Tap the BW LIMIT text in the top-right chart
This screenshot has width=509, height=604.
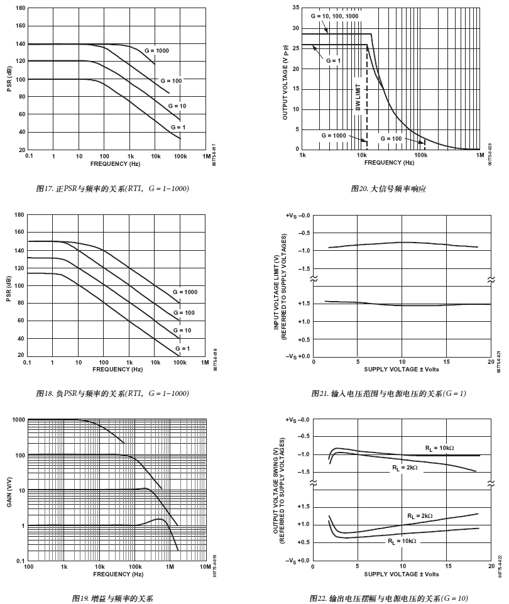pos(358,97)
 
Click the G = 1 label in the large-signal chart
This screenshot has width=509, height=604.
pos(333,60)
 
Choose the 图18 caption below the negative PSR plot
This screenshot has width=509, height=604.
pos(113,393)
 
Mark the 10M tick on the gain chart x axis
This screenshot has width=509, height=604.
pos(205,567)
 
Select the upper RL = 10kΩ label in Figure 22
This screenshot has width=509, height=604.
pos(439,448)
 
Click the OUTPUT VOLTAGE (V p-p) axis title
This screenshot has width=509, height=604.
pos(285,79)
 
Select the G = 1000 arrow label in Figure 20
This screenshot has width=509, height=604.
pos(334,135)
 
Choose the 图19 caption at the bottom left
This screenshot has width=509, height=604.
pos(113,598)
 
